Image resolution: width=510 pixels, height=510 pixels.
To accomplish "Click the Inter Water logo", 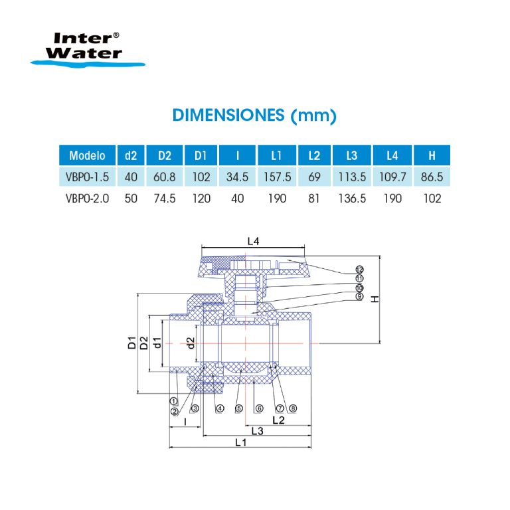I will pos(87,48).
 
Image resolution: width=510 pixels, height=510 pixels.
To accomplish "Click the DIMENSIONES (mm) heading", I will pos(254,115).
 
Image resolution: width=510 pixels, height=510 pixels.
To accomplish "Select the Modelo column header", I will pos(87,156).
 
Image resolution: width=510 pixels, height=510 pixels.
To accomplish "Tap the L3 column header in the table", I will pos(352,156).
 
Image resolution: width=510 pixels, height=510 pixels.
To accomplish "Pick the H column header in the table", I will pos(432,156).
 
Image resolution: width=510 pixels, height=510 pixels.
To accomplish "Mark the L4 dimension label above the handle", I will pos(253,242).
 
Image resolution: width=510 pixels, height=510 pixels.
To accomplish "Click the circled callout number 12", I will pos(359,270).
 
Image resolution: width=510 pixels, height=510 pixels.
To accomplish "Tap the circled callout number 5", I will pos(238,408).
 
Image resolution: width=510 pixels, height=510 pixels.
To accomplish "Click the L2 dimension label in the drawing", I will pos(279,420).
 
